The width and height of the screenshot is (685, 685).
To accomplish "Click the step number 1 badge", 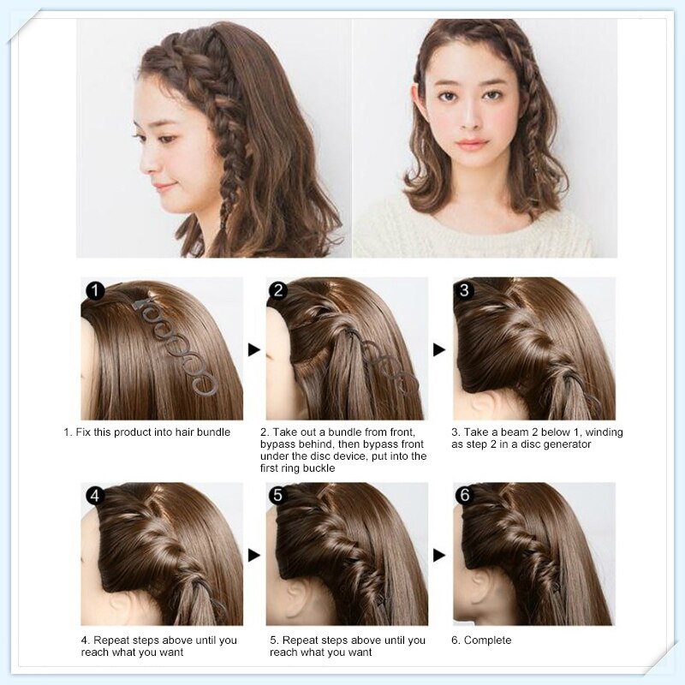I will pos(94,291).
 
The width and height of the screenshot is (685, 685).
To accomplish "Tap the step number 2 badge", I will pos(277,291).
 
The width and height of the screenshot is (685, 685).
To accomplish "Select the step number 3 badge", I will pos(464,291).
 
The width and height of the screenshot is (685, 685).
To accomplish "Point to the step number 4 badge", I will pos(94,496).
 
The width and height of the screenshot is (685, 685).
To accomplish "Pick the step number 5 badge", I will pos(277,496).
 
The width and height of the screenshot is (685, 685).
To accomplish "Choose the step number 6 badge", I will pos(464,496).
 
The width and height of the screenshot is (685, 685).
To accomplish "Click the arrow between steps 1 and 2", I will pos(253,349).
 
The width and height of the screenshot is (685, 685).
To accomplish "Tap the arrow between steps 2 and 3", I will pos(439,349).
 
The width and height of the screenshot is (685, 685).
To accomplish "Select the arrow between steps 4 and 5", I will pos(253,556).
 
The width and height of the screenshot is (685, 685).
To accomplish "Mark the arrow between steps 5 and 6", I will pos(439,556).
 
